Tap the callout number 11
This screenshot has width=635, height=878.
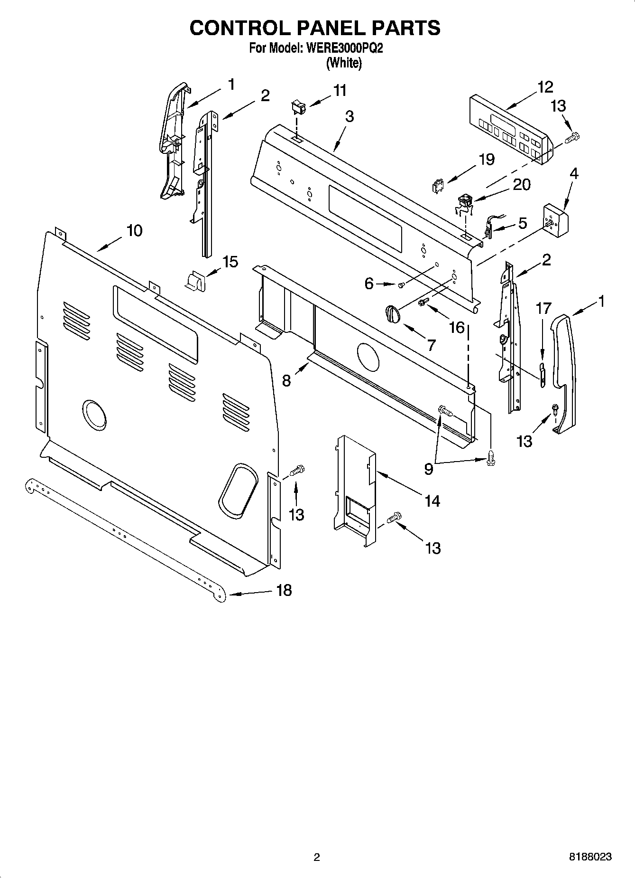pos(340,90)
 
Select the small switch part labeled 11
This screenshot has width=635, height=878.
pos(299,107)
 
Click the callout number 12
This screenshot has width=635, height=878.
pos(545,87)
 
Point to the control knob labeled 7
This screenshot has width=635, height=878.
pos(393,314)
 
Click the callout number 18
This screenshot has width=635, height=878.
pos(284,591)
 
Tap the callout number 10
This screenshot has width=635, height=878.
pos(134,231)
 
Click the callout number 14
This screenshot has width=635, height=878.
pos(432,501)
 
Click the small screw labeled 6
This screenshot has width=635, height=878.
pos(401,285)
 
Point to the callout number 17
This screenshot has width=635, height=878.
pos(543,309)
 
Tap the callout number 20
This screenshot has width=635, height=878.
pos(522,185)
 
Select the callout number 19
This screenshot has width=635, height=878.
pos(486,160)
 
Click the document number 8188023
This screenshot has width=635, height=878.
pos(590,857)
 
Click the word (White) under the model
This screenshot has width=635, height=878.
pos(344,63)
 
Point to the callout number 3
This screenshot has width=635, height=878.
pos(349,117)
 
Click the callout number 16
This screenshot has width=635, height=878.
pos(457,327)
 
